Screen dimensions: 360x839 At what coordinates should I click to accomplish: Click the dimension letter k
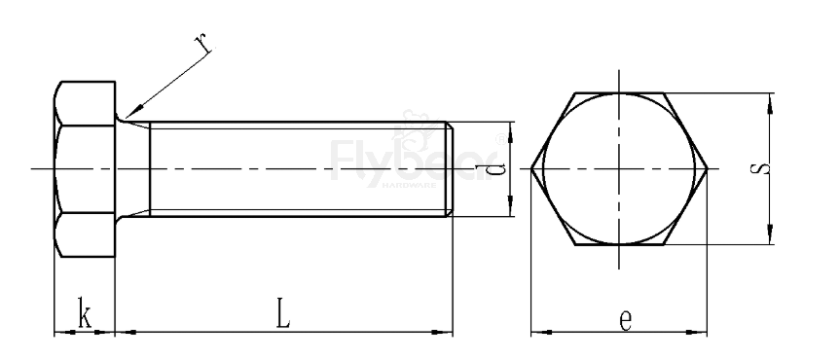pos(85,316)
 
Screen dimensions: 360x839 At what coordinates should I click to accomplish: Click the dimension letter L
pos(281,313)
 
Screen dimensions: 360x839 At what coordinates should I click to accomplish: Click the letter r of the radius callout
pos(203,43)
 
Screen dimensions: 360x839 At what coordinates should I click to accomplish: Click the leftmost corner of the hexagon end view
pos(531,170)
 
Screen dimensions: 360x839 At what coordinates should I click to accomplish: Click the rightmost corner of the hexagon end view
pos(708,170)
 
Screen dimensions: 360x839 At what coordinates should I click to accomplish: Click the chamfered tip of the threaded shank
pos(451,170)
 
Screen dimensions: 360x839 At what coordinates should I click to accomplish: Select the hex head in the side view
pos(85,170)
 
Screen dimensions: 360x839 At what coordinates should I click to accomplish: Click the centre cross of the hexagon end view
pos(619,170)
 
